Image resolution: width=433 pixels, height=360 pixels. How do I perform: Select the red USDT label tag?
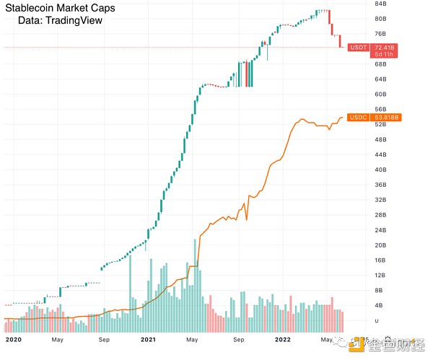(357, 47)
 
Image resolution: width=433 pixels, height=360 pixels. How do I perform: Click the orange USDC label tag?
(357, 118)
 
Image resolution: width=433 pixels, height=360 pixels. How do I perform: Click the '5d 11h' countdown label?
(384, 54)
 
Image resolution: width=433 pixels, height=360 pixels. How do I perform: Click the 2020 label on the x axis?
(14, 338)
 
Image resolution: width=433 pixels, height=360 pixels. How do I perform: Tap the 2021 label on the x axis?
(148, 338)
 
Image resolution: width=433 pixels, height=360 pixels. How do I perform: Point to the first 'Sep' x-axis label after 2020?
(103, 338)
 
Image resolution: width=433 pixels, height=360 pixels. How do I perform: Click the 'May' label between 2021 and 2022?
(193, 338)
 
